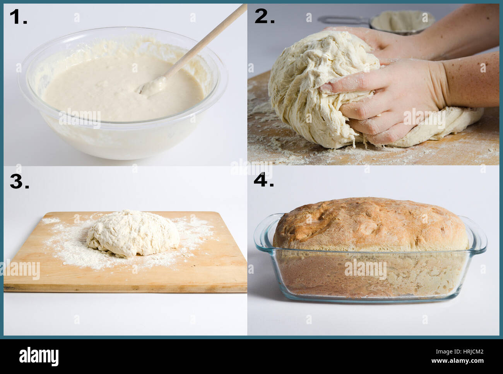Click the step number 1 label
tap(18, 17)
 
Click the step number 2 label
tap(264, 17)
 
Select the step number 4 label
tap(263, 180)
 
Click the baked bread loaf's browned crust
tap(368, 221)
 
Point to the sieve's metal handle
tap(342, 19)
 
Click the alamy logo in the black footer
tap(39, 356)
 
